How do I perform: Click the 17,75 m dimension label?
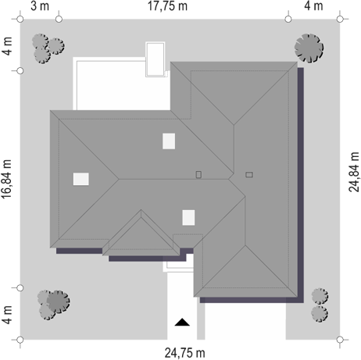[167, 6]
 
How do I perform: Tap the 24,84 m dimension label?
[354, 172]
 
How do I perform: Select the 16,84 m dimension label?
[6, 180]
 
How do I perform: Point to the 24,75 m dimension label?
[184, 353]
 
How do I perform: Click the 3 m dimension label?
[40, 6]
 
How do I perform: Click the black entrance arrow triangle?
[182, 322]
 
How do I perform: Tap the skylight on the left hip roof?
[80, 179]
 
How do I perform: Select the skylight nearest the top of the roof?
[169, 141]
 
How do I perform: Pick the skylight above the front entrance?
[188, 218]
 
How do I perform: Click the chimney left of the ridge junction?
[198, 174]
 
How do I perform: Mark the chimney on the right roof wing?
[249, 175]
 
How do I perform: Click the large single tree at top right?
[309, 48]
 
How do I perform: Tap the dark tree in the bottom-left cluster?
[58, 301]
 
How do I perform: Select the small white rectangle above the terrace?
[155, 59]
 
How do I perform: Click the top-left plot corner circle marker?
[20, 20]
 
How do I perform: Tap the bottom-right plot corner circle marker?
[340, 340]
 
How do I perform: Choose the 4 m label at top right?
[313, 6]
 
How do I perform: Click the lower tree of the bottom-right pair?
[320, 314]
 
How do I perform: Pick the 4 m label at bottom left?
[7, 315]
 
